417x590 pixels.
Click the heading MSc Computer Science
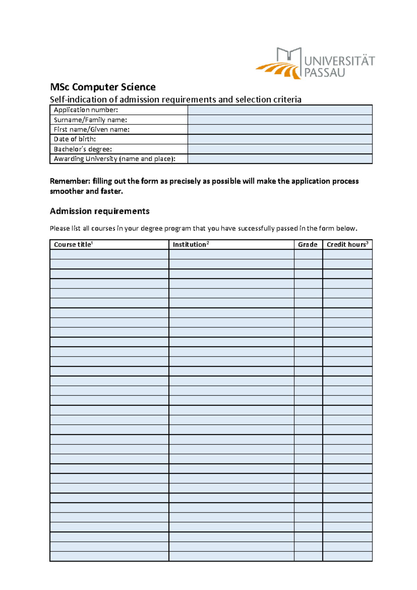pyautogui.click(x=103, y=87)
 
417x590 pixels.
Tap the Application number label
pyautogui.click(x=86, y=110)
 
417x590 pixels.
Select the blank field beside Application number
pyautogui.click(x=280, y=110)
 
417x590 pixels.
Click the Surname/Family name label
pyautogui.click(x=90, y=120)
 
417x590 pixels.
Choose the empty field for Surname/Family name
pyautogui.click(x=280, y=120)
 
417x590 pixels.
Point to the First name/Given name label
pyautogui.click(x=91, y=130)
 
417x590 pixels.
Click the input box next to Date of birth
pyautogui.click(x=280, y=139)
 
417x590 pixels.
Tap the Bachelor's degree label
pyautogui.click(x=83, y=149)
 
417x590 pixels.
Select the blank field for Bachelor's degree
pyautogui.click(x=280, y=149)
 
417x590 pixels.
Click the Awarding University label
pyautogui.click(x=114, y=159)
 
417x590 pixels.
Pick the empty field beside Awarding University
pyautogui.click(x=280, y=159)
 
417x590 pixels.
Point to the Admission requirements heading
pyautogui.click(x=100, y=211)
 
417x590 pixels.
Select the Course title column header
pyautogui.click(x=73, y=245)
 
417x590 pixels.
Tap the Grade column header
pyautogui.click(x=308, y=245)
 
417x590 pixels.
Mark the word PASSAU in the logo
pyautogui.click(x=325, y=73)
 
